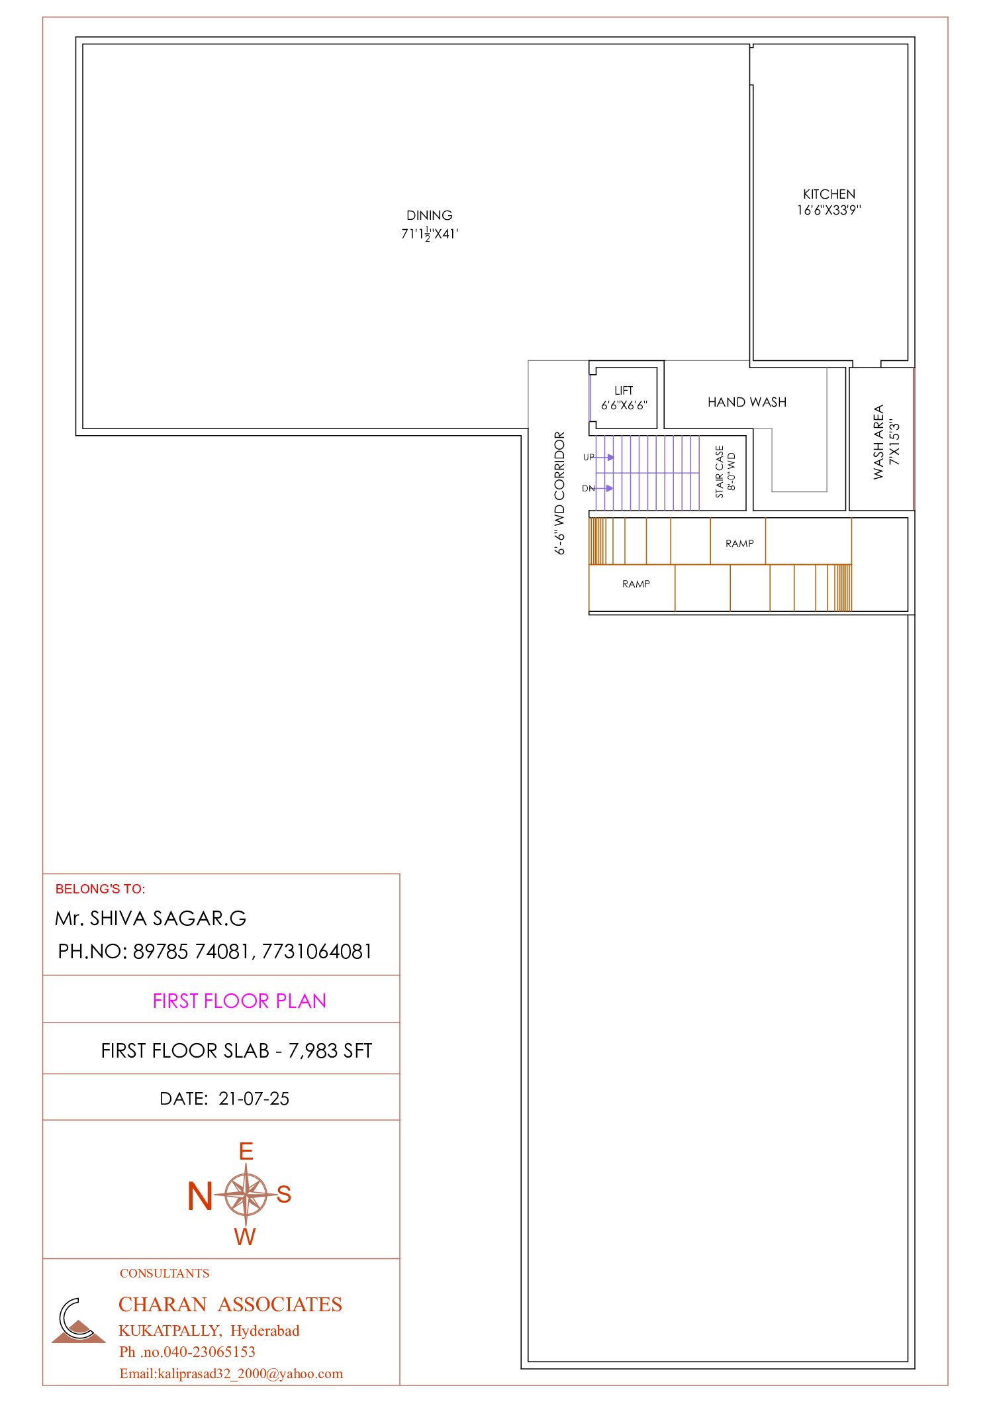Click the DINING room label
click(x=430, y=215)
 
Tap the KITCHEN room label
click(x=829, y=194)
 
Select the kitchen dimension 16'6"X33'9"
click(x=829, y=210)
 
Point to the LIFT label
click(x=624, y=391)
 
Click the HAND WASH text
click(x=747, y=402)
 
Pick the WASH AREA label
click(x=878, y=442)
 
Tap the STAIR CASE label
click(x=720, y=472)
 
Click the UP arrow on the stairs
click(x=604, y=457)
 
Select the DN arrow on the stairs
click(x=604, y=488)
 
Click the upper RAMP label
click(x=739, y=544)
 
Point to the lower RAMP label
click(x=636, y=583)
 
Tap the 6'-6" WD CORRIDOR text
click(x=560, y=493)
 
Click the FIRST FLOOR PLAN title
click(x=239, y=1001)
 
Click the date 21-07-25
click(x=254, y=1099)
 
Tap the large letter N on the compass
click(x=199, y=1196)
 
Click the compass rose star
click(x=246, y=1194)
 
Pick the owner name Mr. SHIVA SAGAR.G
click(x=151, y=919)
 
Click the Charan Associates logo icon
click(x=78, y=1321)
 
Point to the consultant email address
click(x=231, y=1374)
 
